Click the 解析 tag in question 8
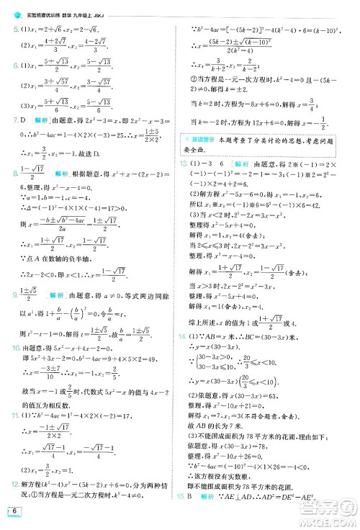(57, 174)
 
